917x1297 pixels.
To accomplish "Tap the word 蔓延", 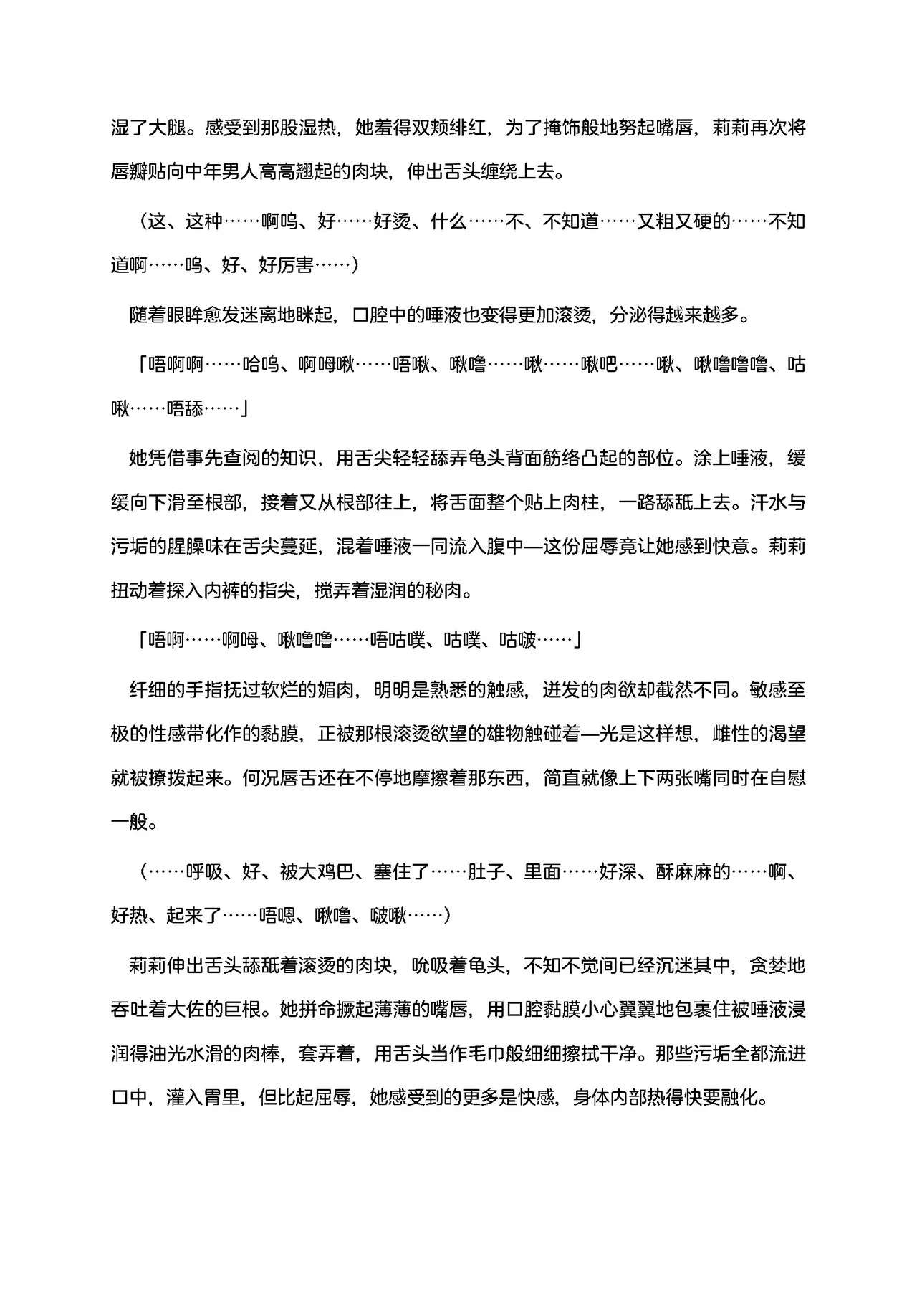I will point(297,547).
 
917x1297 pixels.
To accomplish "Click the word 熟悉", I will point(447,690).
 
